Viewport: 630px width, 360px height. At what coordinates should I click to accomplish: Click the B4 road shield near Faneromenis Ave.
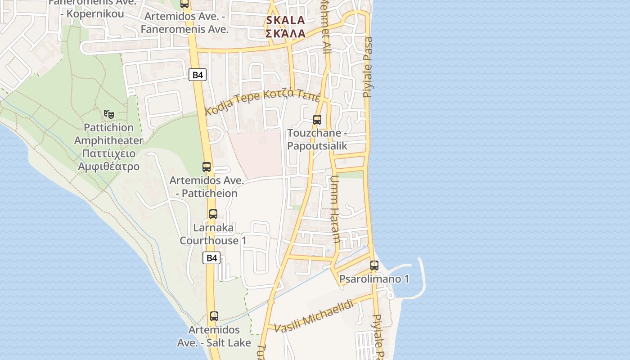198,75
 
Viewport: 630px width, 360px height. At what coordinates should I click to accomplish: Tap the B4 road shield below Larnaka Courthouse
211,258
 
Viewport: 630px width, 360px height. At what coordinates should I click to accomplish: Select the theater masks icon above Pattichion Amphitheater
108,114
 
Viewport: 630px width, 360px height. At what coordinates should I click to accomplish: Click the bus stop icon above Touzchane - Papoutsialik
317,119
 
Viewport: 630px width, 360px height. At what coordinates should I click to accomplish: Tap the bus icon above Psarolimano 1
374,265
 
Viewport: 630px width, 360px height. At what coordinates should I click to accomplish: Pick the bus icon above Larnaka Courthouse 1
213,214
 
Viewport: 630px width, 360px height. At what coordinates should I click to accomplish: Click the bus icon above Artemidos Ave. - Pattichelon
207,167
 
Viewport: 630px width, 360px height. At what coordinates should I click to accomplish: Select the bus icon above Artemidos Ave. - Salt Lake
214,316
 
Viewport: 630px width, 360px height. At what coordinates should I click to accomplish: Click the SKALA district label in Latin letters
285,20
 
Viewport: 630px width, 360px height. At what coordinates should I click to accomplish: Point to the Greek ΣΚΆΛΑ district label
285,33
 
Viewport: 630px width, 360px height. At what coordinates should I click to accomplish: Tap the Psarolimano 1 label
374,279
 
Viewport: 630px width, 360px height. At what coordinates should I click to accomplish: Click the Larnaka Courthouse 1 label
213,234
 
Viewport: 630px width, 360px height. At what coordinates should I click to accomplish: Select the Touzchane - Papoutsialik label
317,139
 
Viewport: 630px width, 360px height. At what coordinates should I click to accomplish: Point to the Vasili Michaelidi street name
314,316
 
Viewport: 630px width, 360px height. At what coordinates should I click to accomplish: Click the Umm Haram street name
335,209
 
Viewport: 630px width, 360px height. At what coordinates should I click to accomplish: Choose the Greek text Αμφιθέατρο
108,166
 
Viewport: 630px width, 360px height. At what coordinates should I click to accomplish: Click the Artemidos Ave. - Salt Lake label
214,336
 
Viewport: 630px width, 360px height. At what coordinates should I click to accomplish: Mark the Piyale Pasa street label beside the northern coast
368,67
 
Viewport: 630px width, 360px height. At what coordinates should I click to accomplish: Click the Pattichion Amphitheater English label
108,134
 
